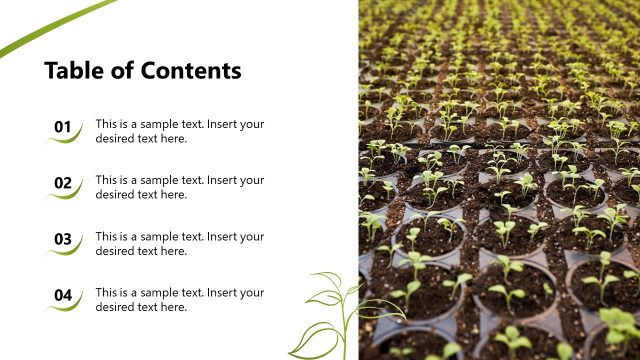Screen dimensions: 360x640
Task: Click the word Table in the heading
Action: click(x=72, y=71)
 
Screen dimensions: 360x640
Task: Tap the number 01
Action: click(x=63, y=127)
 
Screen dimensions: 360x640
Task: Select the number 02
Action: click(x=63, y=183)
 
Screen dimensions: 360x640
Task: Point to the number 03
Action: click(x=63, y=239)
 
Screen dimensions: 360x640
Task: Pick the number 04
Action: click(x=63, y=295)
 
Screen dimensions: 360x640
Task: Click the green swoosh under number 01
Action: click(x=64, y=139)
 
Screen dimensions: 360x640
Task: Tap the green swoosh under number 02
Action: click(x=64, y=195)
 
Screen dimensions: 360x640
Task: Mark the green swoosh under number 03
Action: click(x=64, y=251)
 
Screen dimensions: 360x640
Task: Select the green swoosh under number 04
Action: click(x=64, y=307)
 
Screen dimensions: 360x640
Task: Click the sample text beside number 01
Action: click(x=180, y=131)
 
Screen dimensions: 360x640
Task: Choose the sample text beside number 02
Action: click(x=180, y=187)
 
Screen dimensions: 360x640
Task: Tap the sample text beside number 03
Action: click(x=180, y=243)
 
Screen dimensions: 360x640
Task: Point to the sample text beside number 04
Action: click(x=180, y=299)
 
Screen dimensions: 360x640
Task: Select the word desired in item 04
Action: click(x=116, y=307)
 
